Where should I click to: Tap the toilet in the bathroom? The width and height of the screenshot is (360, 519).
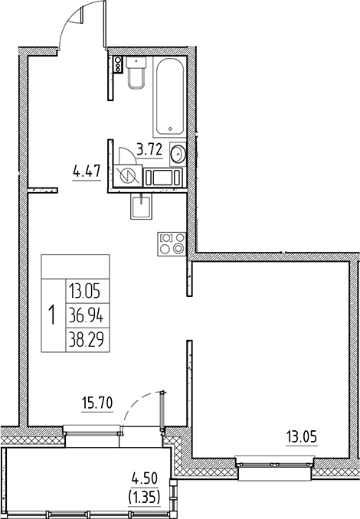tap(138, 73)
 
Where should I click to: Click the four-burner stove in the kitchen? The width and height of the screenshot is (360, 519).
tap(171, 243)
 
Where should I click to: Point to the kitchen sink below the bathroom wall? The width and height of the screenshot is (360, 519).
tap(141, 207)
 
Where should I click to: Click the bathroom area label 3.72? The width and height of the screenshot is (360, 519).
tap(149, 149)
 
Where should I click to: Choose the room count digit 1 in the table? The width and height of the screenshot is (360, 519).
tap(52, 314)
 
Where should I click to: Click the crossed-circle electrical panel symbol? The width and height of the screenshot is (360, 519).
tap(128, 176)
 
